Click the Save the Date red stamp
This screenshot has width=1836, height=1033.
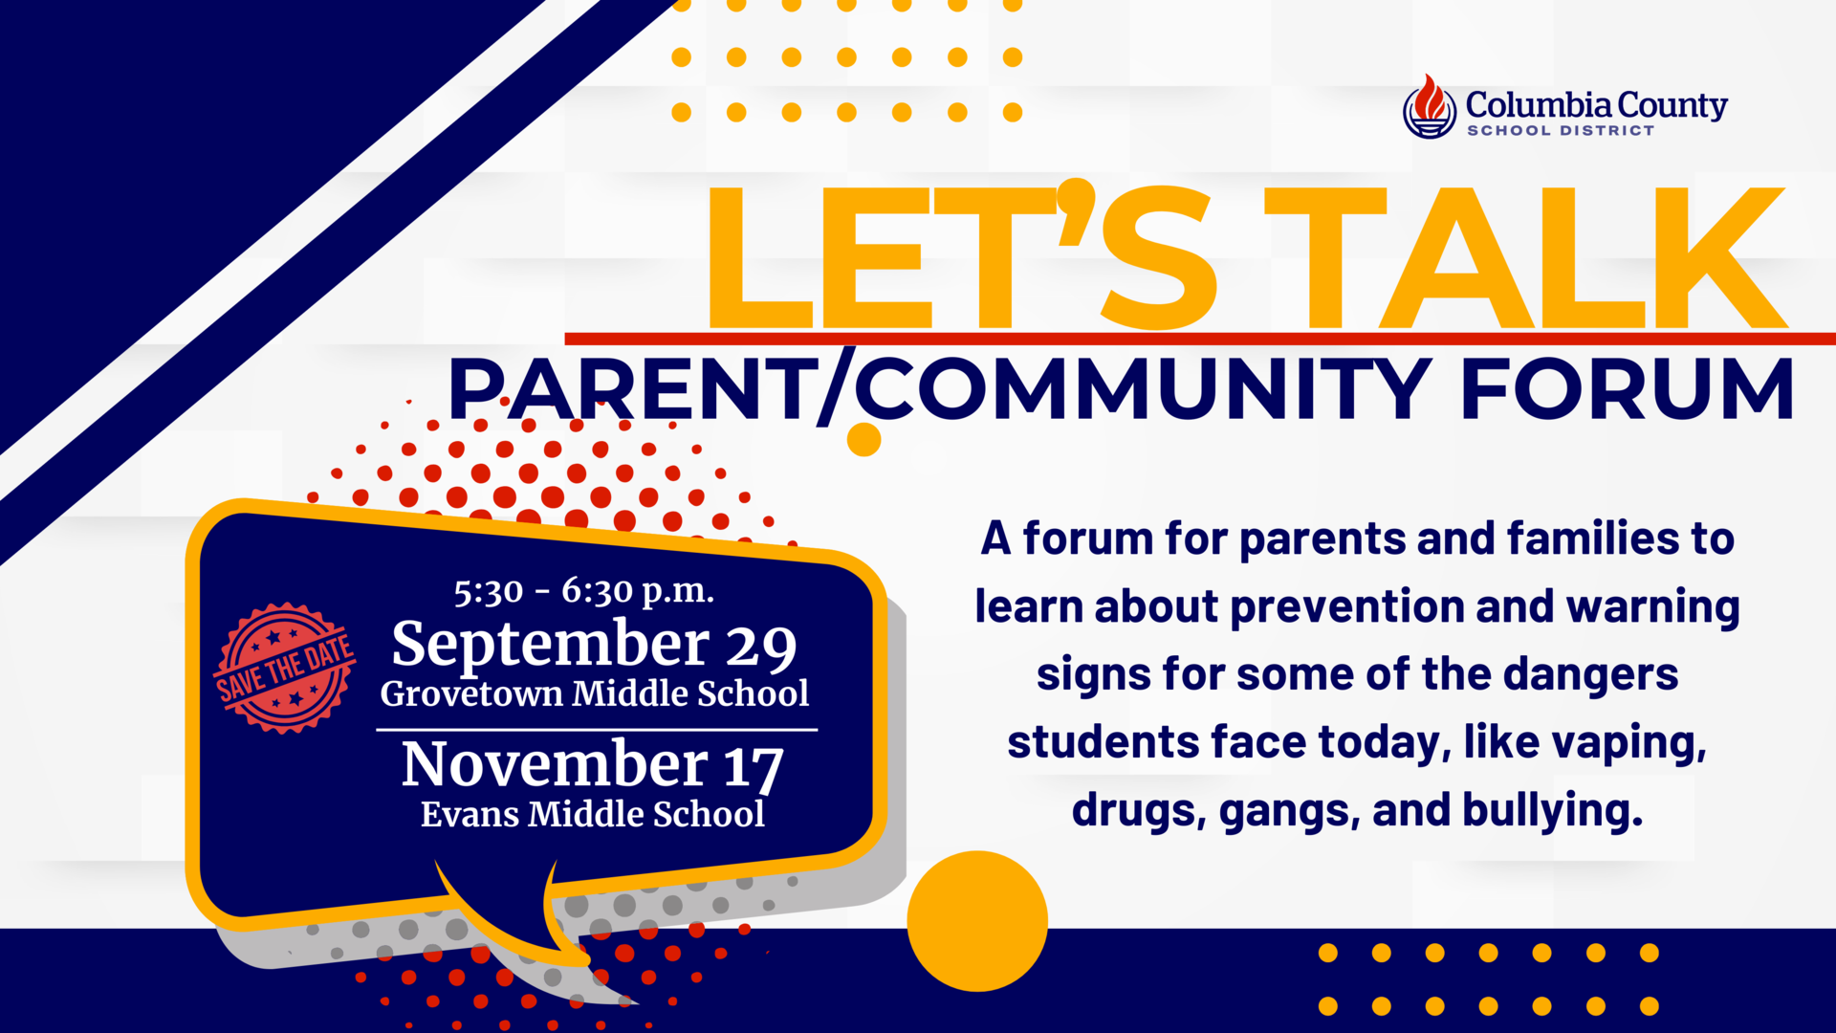(x=285, y=668)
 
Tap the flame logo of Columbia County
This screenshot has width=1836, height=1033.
(x=1430, y=107)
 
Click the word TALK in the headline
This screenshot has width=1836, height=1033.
(x=1524, y=256)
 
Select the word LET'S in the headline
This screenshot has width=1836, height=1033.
(x=961, y=256)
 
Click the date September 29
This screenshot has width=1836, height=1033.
(x=594, y=644)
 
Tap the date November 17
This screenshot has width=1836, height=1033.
(x=593, y=764)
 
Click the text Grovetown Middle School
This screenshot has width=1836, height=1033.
(x=594, y=693)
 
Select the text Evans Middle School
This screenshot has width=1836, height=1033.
(x=593, y=814)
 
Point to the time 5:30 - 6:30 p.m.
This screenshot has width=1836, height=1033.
(x=583, y=591)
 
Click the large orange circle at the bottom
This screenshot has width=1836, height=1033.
(x=977, y=920)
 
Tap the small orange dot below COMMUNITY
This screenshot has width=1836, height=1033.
(x=863, y=440)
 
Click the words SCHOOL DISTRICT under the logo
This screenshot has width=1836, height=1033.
(x=1561, y=131)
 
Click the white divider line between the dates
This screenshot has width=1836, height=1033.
(x=597, y=730)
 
